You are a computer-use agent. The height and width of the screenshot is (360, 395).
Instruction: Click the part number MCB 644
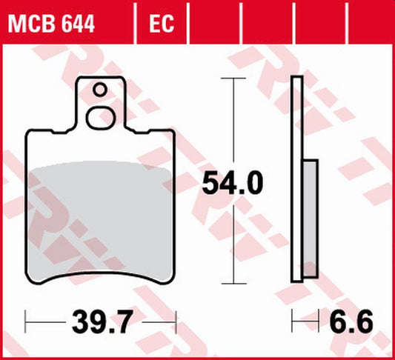[x=51, y=26]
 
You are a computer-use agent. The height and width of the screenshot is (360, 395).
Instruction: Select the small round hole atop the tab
[x=100, y=91]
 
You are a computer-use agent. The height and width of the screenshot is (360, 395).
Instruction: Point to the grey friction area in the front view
[x=101, y=215]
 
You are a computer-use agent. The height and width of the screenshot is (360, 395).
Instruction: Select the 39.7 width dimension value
[x=102, y=322]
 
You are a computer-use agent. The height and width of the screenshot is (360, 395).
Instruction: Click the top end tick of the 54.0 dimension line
[x=234, y=78]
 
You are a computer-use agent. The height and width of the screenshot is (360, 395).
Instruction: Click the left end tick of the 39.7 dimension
[x=27, y=322]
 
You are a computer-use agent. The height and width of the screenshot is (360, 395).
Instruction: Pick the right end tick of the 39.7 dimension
[x=176, y=322]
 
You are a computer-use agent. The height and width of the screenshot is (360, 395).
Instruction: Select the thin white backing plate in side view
[x=298, y=178]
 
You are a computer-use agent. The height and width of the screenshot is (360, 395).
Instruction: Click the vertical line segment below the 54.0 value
[x=234, y=244]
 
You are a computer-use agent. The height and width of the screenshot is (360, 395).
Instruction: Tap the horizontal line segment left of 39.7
[x=46, y=322]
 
